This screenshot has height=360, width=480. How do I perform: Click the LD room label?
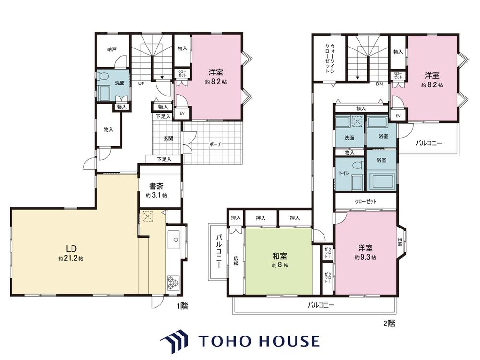coord(71,248)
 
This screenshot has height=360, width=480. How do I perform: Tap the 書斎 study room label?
coord(156,186)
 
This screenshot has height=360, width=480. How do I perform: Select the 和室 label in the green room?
coord(279,256)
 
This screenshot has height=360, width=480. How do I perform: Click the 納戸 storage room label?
coord(112,49)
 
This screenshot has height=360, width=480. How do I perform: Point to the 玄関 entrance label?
coord(168,138)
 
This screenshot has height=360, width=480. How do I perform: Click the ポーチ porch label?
coord(216,144)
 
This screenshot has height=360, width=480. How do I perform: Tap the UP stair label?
coord(141,83)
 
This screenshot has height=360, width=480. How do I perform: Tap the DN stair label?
coord(379,84)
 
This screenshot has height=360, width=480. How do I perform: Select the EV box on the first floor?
coord(182,113)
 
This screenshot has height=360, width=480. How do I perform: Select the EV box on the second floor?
coord(398,116)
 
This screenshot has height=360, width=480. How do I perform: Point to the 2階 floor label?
coord(389,323)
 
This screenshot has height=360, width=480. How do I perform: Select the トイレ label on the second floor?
coord(344,173)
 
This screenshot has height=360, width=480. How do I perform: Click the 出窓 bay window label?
coord(400,242)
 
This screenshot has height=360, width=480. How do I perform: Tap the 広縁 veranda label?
coord(236,260)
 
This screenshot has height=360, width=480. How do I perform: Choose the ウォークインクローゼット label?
coord(330,59)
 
